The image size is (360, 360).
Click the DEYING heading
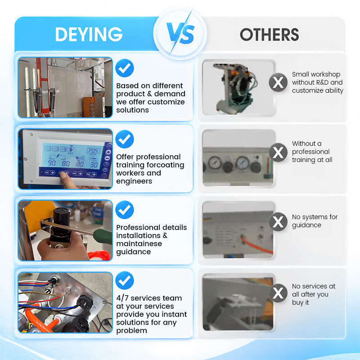(x=89, y=34)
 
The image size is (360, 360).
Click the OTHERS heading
(x=269, y=35)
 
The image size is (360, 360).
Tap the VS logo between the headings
(x=180, y=33)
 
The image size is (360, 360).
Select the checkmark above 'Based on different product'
(x=125, y=68)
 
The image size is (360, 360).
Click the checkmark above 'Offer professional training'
(x=125, y=139)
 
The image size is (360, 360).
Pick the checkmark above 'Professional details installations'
(x=125, y=210)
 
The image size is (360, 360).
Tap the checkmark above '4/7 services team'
(x=125, y=280)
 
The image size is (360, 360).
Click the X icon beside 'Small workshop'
(x=278, y=82)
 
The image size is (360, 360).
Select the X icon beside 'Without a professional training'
(x=278, y=152)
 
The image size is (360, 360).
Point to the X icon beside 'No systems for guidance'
(x=278, y=221)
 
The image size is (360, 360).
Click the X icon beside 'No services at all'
(x=278, y=293)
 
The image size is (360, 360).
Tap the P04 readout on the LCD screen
(x=94, y=151)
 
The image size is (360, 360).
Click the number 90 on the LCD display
(x=52, y=163)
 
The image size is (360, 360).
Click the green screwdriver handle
(x=103, y=236)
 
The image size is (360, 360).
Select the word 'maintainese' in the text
(x=139, y=243)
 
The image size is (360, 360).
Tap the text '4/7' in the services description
(x=122, y=298)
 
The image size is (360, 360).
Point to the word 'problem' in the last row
(x=131, y=331)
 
